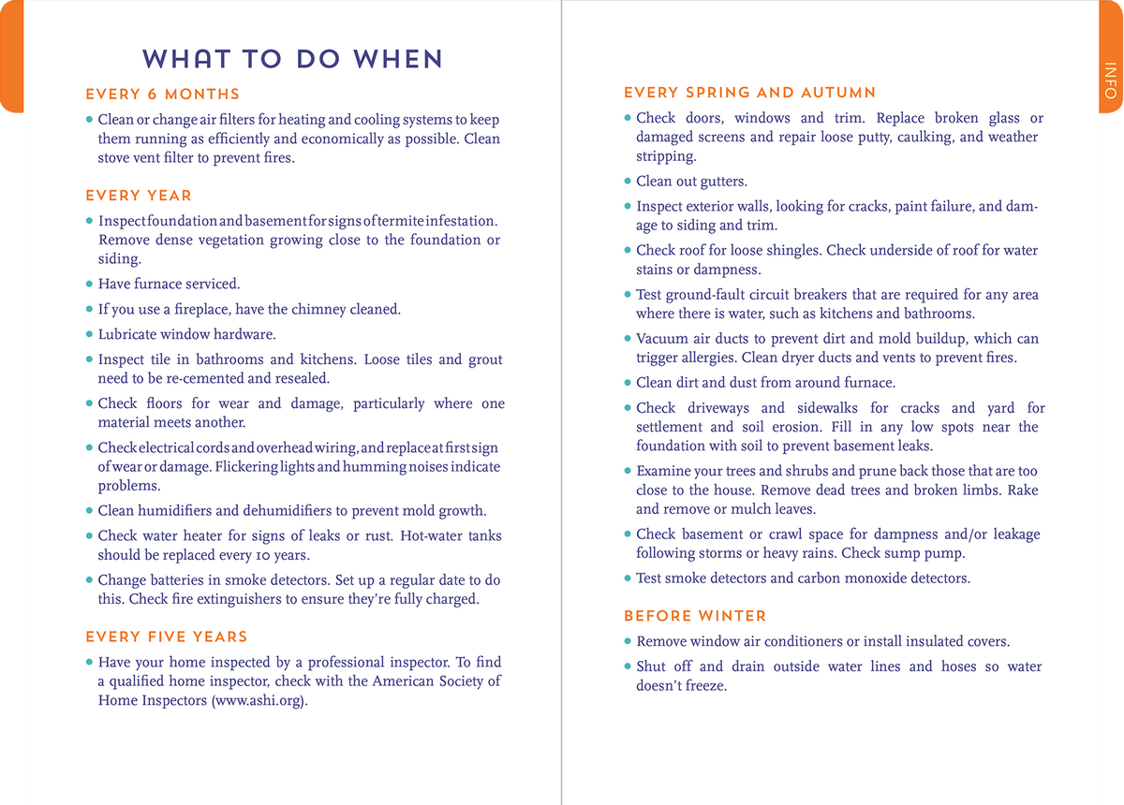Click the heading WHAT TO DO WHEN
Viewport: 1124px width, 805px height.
coord(292,59)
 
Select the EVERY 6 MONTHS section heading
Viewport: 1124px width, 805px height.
coord(162,95)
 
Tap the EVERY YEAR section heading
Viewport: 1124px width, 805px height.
coord(139,196)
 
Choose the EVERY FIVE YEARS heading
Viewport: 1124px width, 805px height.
coord(167,637)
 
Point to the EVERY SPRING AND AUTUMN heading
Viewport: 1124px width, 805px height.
coord(749,93)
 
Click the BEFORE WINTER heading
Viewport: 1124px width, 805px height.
coord(695,616)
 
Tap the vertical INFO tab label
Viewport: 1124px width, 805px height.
coord(1110,80)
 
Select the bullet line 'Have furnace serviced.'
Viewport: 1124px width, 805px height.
coord(169,284)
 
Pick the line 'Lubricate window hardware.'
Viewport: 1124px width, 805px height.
coord(186,334)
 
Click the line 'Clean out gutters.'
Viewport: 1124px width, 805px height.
coord(691,182)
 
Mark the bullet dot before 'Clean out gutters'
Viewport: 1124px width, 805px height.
coord(628,182)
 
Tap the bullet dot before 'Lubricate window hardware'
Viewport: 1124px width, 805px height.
coord(90,334)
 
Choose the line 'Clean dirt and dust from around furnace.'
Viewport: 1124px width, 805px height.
coord(765,382)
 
